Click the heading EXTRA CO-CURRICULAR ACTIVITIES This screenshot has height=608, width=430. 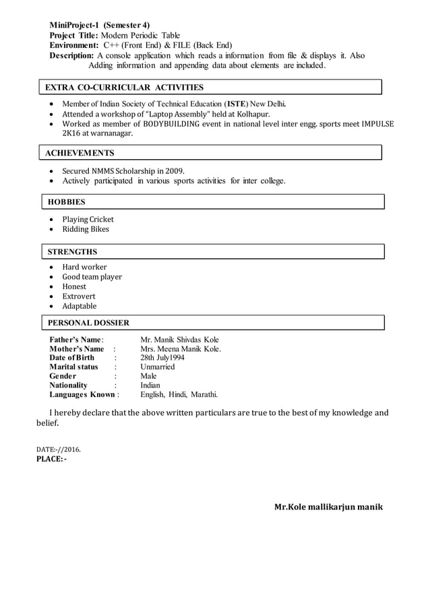(x=124, y=88)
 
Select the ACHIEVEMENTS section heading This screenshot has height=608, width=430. (x=80, y=153)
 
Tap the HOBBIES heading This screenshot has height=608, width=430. (x=65, y=202)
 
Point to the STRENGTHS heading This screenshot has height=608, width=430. (x=73, y=252)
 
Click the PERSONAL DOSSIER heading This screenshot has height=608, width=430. (x=88, y=323)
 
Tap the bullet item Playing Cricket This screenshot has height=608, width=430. (x=88, y=219)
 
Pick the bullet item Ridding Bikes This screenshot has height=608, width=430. (x=86, y=229)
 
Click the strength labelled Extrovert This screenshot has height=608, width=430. (x=79, y=296)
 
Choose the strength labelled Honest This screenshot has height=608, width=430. (x=75, y=286)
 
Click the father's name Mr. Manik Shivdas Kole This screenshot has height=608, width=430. (x=179, y=340)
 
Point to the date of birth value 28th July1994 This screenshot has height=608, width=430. (x=165, y=358)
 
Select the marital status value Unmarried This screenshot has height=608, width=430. (x=157, y=367)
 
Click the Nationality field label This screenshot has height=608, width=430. (x=69, y=385)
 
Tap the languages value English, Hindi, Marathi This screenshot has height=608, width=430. (x=179, y=394)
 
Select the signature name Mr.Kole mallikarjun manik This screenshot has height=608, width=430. (x=328, y=506)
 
